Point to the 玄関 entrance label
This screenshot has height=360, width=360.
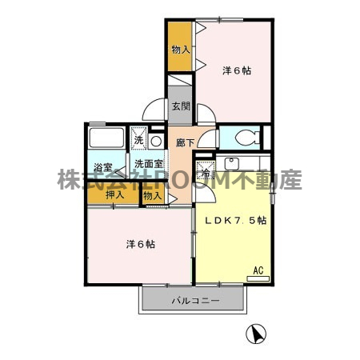click(x=180, y=106)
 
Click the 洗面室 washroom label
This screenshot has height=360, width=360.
click(x=149, y=163)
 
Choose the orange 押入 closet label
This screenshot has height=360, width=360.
click(x=114, y=194)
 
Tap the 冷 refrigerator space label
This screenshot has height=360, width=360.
click(x=206, y=171)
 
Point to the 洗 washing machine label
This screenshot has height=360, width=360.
click(x=138, y=140)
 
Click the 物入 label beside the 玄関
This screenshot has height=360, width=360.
click(x=180, y=50)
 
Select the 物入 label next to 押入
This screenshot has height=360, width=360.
click(x=152, y=195)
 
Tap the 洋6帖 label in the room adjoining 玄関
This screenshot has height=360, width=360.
click(x=236, y=70)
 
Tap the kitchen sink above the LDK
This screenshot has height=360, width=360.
click(x=233, y=163)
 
